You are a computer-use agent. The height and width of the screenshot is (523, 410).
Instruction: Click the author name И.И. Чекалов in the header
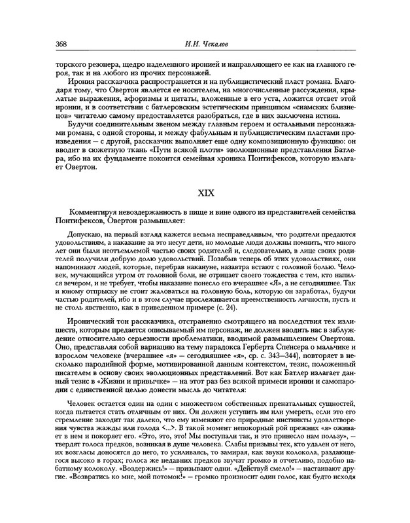pyautogui.click(x=205, y=45)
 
